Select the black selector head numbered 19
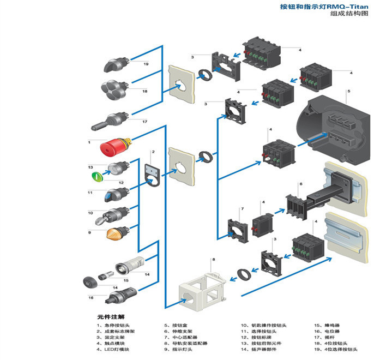[x=116, y=65]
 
